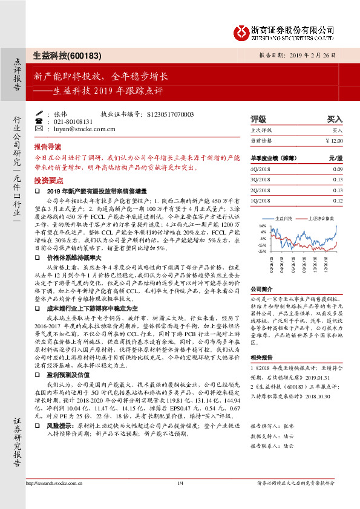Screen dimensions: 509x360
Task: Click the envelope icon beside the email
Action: click(39, 129)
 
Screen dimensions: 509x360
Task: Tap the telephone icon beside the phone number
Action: click(39, 121)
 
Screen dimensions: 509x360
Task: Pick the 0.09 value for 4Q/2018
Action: click(338, 169)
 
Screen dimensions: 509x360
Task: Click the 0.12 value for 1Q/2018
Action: click(338, 200)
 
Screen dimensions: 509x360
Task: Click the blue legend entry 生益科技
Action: click(283, 218)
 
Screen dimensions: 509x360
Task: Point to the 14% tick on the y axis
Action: click(262, 225)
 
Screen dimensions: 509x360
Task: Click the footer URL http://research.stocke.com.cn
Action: click(54, 499)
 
